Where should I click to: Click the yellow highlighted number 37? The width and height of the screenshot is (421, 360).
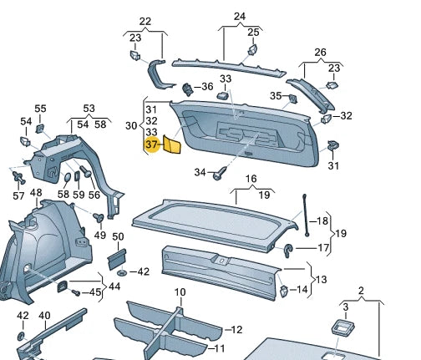pos(152,145)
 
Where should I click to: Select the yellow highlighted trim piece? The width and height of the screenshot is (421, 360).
pos(173,145)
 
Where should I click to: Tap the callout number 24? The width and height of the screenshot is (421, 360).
pos(240,17)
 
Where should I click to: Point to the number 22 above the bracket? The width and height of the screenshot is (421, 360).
pos(145,21)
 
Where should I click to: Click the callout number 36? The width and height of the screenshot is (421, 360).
pos(208,86)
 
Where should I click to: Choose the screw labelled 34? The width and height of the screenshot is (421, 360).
pos(220,175)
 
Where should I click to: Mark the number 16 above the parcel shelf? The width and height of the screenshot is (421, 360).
pos(251,180)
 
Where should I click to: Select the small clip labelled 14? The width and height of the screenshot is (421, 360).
pos(284,290)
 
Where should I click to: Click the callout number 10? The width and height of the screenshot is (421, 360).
pos(236,329)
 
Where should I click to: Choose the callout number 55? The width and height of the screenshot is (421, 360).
pos(40,109)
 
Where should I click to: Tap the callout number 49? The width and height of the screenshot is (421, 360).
pos(100,235)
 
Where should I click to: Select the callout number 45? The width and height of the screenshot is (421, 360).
pos(95,292)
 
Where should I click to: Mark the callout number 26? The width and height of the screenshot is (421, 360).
pos(320,52)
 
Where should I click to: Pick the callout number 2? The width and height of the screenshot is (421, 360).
pos(362,292)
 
